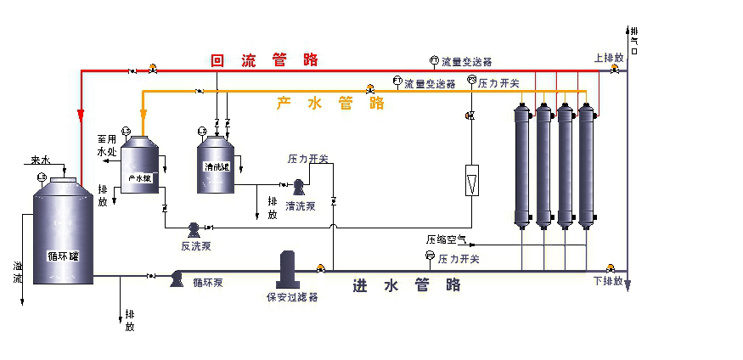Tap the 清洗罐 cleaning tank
(x=217, y=166)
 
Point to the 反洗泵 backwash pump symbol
(x=194, y=228)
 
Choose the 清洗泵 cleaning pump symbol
(x=299, y=185)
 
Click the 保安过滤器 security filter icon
(x=287, y=271)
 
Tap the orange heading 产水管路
(x=330, y=104)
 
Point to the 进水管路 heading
(x=407, y=285)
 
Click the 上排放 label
(x=609, y=59)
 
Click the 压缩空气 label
(x=446, y=240)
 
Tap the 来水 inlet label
(x=41, y=160)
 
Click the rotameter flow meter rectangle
(x=472, y=182)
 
